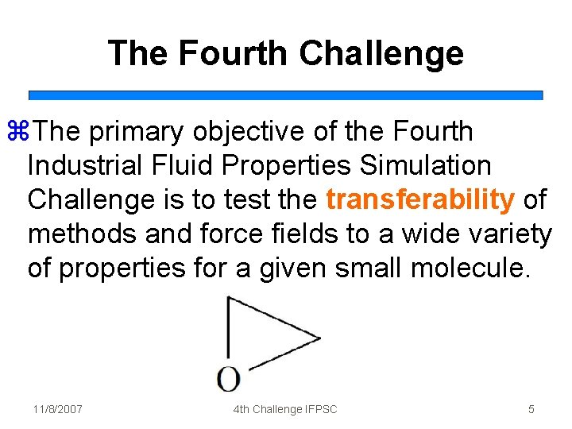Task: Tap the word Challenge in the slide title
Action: [x=381, y=53]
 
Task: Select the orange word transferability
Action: [x=419, y=199]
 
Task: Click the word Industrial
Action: [x=83, y=166]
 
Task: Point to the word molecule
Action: [x=469, y=269]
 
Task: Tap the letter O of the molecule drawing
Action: [x=228, y=378]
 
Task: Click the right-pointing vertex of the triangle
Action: [x=319, y=338]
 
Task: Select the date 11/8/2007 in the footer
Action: [x=58, y=409]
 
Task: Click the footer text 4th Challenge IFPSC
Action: [x=285, y=409]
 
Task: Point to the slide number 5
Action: [x=531, y=409]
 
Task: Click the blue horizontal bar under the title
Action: [x=286, y=95]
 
